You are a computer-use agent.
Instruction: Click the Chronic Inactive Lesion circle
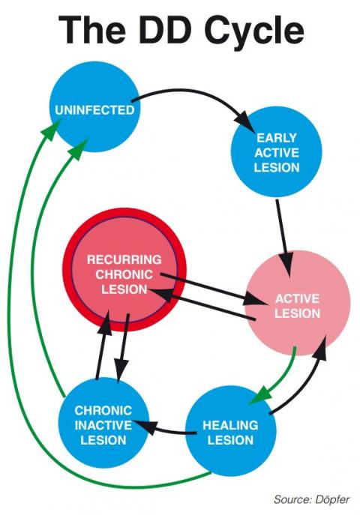coord(103,424)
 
